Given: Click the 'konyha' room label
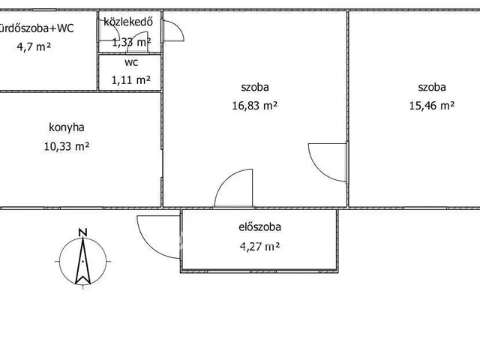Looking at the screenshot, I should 67,128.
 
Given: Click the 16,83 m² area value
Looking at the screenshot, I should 255,106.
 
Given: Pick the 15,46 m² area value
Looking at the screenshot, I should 432,106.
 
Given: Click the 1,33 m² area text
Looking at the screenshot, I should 130,43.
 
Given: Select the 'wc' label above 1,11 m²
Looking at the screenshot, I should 131,63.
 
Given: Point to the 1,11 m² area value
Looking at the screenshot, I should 131,79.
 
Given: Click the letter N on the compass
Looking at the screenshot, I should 83,232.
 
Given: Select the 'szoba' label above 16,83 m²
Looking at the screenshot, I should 255,87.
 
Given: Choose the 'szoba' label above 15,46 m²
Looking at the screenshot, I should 432,87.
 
